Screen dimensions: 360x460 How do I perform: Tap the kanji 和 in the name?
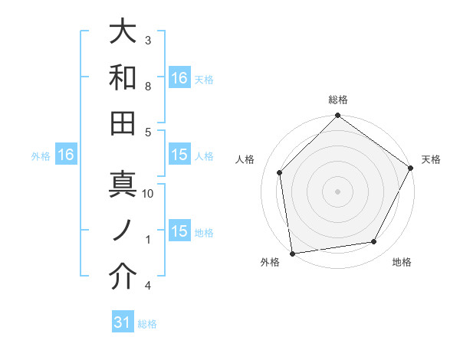pos(123,77)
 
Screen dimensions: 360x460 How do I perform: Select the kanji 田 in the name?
pos(123,123)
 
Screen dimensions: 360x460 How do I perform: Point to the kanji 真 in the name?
pos(123,185)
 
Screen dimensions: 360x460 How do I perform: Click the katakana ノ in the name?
pos(123,231)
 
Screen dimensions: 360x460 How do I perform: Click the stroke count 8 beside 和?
pos(149,87)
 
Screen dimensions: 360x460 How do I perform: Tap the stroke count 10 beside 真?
pos(149,194)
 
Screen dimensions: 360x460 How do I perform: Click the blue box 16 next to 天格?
pos(179,77)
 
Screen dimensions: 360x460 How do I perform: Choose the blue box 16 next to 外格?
pos(65,155)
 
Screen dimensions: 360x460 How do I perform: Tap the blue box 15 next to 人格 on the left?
pos(179,155)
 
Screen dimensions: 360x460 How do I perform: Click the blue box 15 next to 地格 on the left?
pos(179,231)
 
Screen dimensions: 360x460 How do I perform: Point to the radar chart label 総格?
pos(338,100)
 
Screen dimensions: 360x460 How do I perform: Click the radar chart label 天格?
pos(431,159)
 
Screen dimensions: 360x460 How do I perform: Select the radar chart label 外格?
pos(270,262)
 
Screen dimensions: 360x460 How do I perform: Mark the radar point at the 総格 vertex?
pos(338,116)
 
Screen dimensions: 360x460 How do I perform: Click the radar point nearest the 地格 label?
pos(374,242)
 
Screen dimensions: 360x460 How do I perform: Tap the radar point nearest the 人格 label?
pos(280,172)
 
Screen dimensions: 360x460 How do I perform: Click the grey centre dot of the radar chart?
pos(338,191)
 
